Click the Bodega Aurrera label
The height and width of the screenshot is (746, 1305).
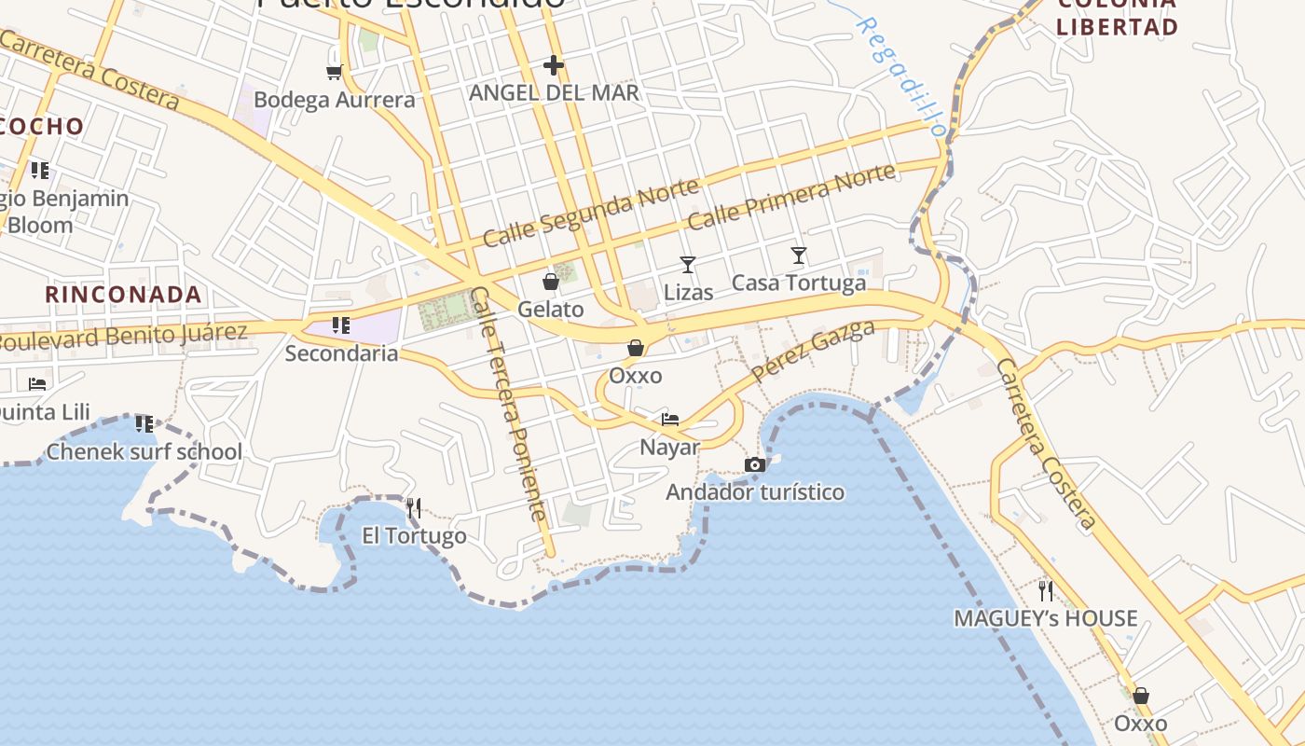click(334, 100)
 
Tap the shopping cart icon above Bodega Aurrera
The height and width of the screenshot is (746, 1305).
click(334, 71)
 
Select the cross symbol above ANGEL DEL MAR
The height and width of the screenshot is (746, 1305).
click(554, 65)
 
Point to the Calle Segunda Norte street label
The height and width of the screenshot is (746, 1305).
click(591, 213)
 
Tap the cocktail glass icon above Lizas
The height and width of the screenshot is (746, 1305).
click(688, 265)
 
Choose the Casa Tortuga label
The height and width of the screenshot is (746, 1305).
click(799, 283)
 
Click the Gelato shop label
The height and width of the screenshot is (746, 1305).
click(551, 310)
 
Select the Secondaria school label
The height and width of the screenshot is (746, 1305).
click(341, 353)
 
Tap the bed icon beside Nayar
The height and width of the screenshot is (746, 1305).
click(670, 419)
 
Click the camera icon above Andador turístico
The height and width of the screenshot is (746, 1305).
click(755, 464)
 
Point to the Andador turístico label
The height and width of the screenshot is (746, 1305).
click(755, 492)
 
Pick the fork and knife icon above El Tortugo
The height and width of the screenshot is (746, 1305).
click(414, 508)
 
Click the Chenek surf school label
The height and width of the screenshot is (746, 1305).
click(144, 452)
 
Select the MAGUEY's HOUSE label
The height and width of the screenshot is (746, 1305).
click(1045, 618)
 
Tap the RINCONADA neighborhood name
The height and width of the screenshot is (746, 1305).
click(124, 295)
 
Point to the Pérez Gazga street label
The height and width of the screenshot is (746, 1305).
click(813, 351)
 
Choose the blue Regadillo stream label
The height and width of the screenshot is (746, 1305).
click(900, 75)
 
